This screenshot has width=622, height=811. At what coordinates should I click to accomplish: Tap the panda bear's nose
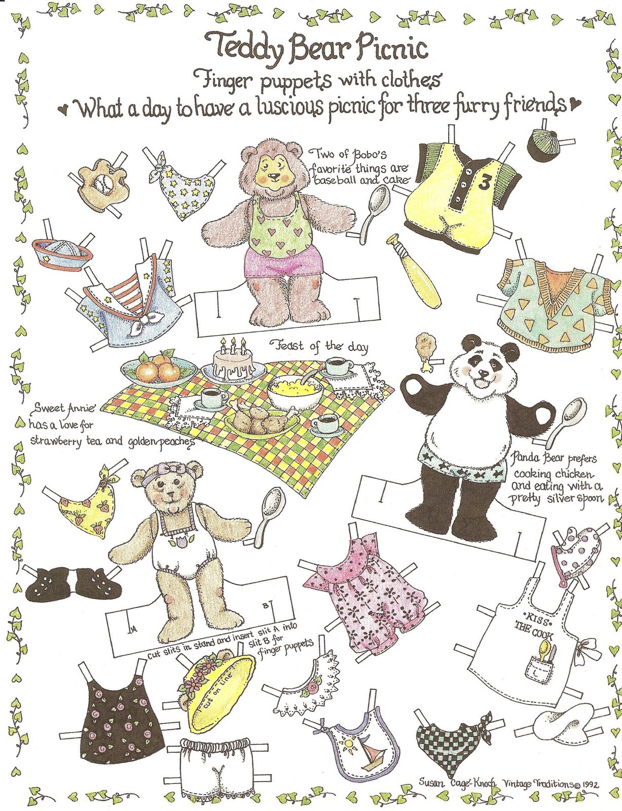(484, 374)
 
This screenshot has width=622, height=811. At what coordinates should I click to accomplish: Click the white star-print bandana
(181, 190)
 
